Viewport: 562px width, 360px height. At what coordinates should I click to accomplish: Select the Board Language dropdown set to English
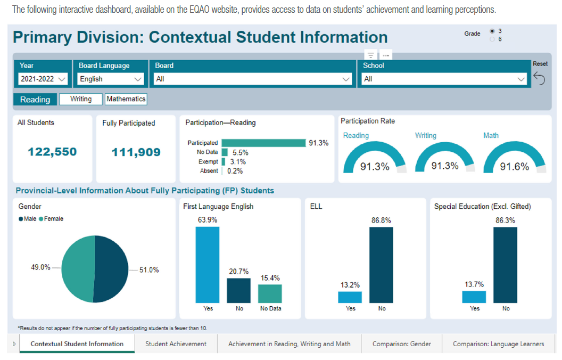click(x=111, y=79)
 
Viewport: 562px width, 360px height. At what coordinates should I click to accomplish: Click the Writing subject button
click(x=80, y=99)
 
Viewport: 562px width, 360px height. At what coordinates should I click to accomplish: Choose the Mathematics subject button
click(x=126, y=99)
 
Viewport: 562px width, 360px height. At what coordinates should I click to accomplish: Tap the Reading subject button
click(x=35, y=100)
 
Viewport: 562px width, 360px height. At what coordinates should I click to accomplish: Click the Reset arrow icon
click(x=539, y=79)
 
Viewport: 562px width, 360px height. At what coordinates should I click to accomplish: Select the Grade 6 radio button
click(x=492, y=39)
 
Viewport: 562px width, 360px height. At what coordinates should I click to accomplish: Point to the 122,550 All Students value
click(x=52, y=152)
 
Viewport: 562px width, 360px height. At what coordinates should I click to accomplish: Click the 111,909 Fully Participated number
click(x=136, y=152)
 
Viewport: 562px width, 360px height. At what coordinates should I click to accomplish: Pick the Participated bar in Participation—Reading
click(x=263, y=143)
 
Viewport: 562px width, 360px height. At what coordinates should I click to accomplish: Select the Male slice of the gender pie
click(x=112, y=269)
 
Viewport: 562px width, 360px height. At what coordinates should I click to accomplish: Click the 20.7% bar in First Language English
click(x=238, y=290)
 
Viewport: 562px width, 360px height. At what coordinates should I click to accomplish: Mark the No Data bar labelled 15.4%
click(x=270, y=293)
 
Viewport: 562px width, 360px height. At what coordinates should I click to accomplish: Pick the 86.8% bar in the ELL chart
click(x=381, y=265)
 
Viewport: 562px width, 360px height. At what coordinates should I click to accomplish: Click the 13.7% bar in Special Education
click(x=474, y=297)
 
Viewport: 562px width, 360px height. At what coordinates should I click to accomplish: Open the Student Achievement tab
click(x=176, y=344)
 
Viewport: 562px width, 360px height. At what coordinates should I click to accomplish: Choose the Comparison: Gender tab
click(x=402, y=344)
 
